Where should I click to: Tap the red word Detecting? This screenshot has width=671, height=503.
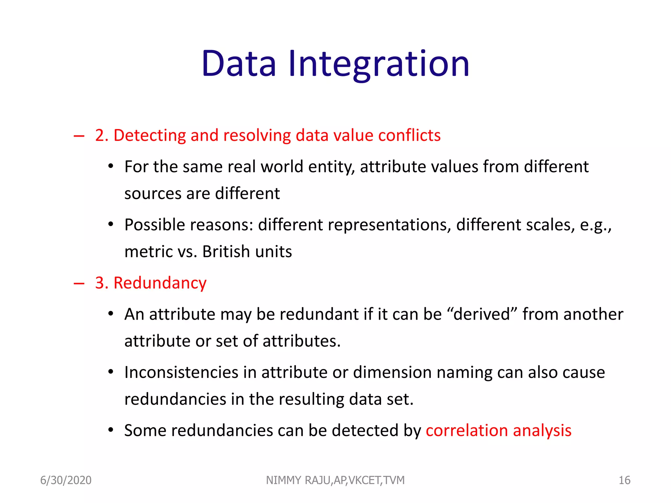pos(149,136)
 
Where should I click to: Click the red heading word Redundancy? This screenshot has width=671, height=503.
pos(160,283)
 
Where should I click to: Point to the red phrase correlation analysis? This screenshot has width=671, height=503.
pos(498,431)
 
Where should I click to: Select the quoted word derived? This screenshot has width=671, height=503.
pos(482,314)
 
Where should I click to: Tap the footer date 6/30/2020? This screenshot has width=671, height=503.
pos(66,480)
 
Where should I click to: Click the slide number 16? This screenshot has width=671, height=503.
pos(624,480)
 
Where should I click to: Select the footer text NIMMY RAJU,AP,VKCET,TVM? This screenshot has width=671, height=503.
pos(335,480)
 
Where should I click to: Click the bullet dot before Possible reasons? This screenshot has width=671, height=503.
pos(111,225)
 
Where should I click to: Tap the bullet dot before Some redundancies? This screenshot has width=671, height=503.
pos(111,430)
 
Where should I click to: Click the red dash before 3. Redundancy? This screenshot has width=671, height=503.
pos(79,283)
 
